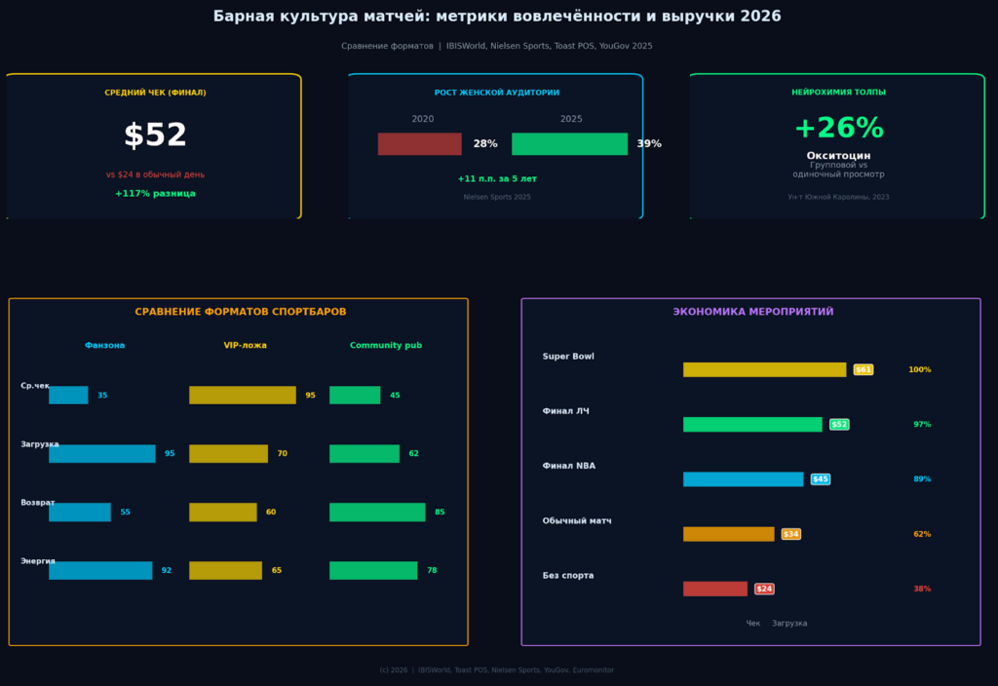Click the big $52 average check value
(155, 135)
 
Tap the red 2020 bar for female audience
(419, 144)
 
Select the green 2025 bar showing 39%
(569, 144)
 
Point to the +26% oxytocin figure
(838, 129)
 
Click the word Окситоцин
(838, 156)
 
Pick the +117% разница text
(155, 194)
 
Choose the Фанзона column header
(104, 346)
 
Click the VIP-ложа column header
(245, 346)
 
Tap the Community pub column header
(386, 346)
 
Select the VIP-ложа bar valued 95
(242, 396)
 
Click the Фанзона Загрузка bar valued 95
(102, 454)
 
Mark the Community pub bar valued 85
(377, 513)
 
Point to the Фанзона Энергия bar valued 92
(100, 571)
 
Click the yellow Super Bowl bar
(764, 370)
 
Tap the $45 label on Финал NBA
(821, 479)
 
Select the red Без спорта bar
(714, 589)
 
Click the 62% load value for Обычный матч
(921, 534)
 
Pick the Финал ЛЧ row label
(565, 411)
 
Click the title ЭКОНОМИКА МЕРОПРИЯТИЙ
(752, 312)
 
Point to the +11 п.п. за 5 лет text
(497, 179)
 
